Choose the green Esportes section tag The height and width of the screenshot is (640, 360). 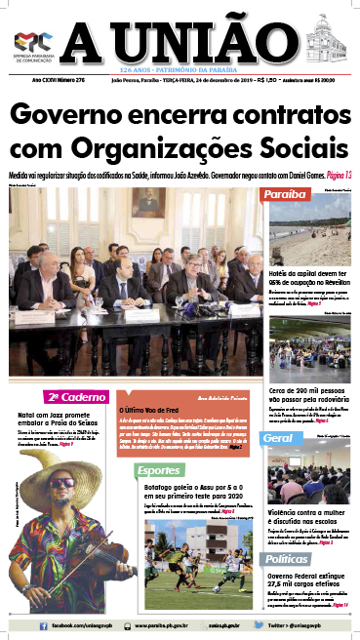coord(155,471)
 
